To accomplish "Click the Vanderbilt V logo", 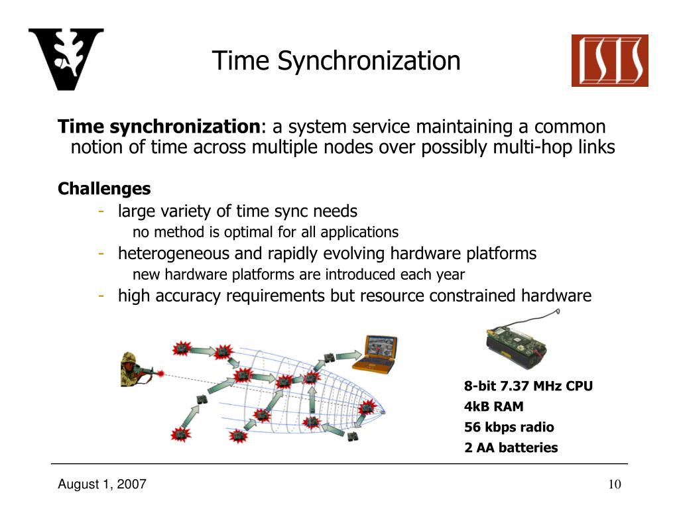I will [66, 59].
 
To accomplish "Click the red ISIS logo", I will [609, 61].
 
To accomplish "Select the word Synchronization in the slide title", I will [369, 61].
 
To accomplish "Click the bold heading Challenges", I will [104, 189].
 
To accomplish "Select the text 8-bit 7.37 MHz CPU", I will [528, 386].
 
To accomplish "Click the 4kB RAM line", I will [493, 406].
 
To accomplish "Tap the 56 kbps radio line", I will [509, 427].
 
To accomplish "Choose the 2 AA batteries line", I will [511, 447].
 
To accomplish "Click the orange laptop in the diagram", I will [375, 355].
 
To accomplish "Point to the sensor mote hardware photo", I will [518, 345].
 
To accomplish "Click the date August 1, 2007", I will [101, 484].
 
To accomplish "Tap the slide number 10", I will [614, 484].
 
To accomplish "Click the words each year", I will [440, 274].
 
